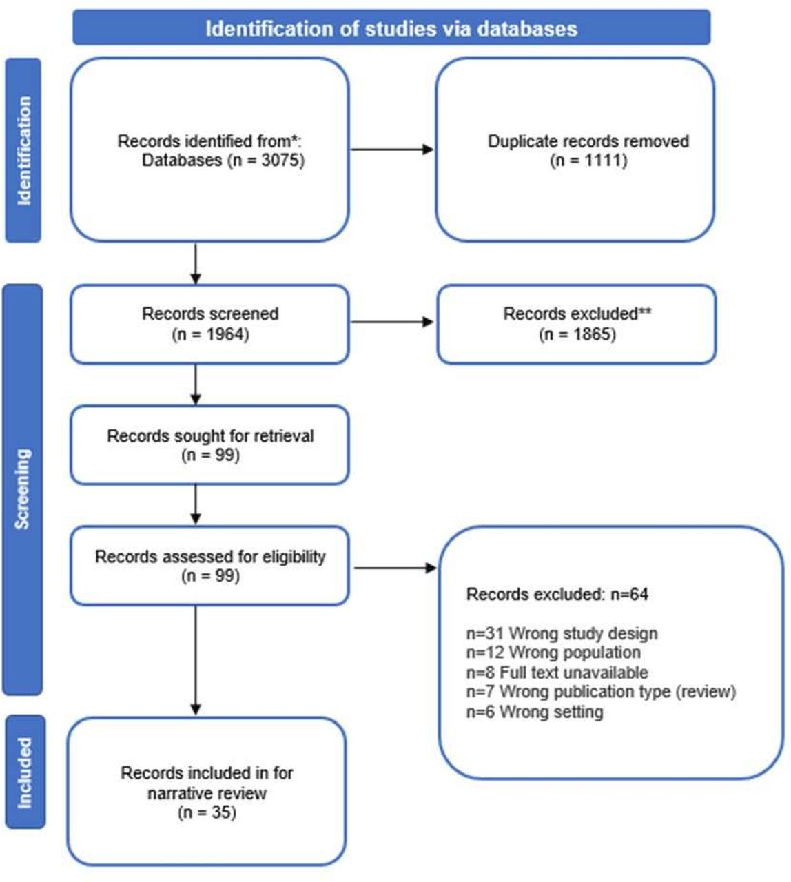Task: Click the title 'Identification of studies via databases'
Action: pos(391,28)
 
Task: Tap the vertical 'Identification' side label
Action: pos(24,150)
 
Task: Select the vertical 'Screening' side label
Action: pos(23,489)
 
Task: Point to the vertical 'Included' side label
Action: pos(25,772)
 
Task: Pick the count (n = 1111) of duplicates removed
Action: pos(588,161)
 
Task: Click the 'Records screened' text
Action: pos(210,314)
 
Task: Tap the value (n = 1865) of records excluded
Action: pos(577,334)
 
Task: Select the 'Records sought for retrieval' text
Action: pos(210,435)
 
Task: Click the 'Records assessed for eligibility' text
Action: pos(210,556)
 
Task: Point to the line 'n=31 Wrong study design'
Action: pos(562,633)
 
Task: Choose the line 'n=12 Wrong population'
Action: pos(553,652)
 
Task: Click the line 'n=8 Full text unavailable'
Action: pos(557,672)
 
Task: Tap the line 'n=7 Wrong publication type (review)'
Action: pos(601,691)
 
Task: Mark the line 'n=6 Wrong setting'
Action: pos(535,711)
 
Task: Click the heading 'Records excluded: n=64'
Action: pos(557,594)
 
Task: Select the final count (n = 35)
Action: pos(207,812)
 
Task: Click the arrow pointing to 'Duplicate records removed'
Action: pos(392,150)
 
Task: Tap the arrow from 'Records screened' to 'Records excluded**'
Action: pos(392,322)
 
